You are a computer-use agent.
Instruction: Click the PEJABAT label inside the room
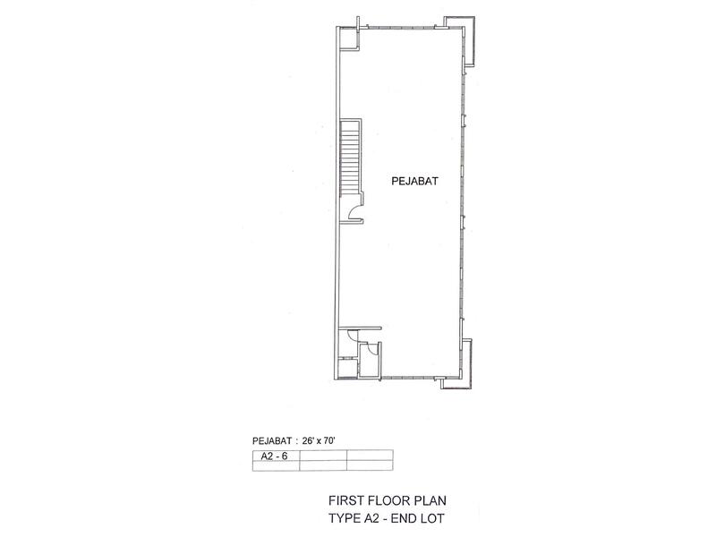click(414, 182)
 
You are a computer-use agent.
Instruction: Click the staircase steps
click(350, 158)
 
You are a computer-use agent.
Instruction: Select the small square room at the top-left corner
click(349, 38)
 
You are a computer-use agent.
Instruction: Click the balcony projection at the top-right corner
click(467, 41)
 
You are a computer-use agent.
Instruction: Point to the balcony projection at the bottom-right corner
click(462, 365)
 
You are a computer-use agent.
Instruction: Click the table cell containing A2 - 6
click(276, 456)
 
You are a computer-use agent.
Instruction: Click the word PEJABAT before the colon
click(272, 440)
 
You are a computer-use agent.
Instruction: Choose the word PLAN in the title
click(430, 500)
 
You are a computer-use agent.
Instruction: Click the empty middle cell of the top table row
click(323, 456)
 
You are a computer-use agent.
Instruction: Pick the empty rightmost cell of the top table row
click(370, 456)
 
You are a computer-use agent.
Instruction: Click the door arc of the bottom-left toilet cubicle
click(373, 349)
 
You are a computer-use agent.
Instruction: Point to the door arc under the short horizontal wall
click(352, 337)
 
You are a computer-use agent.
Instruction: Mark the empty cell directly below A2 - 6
click(276, 465)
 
